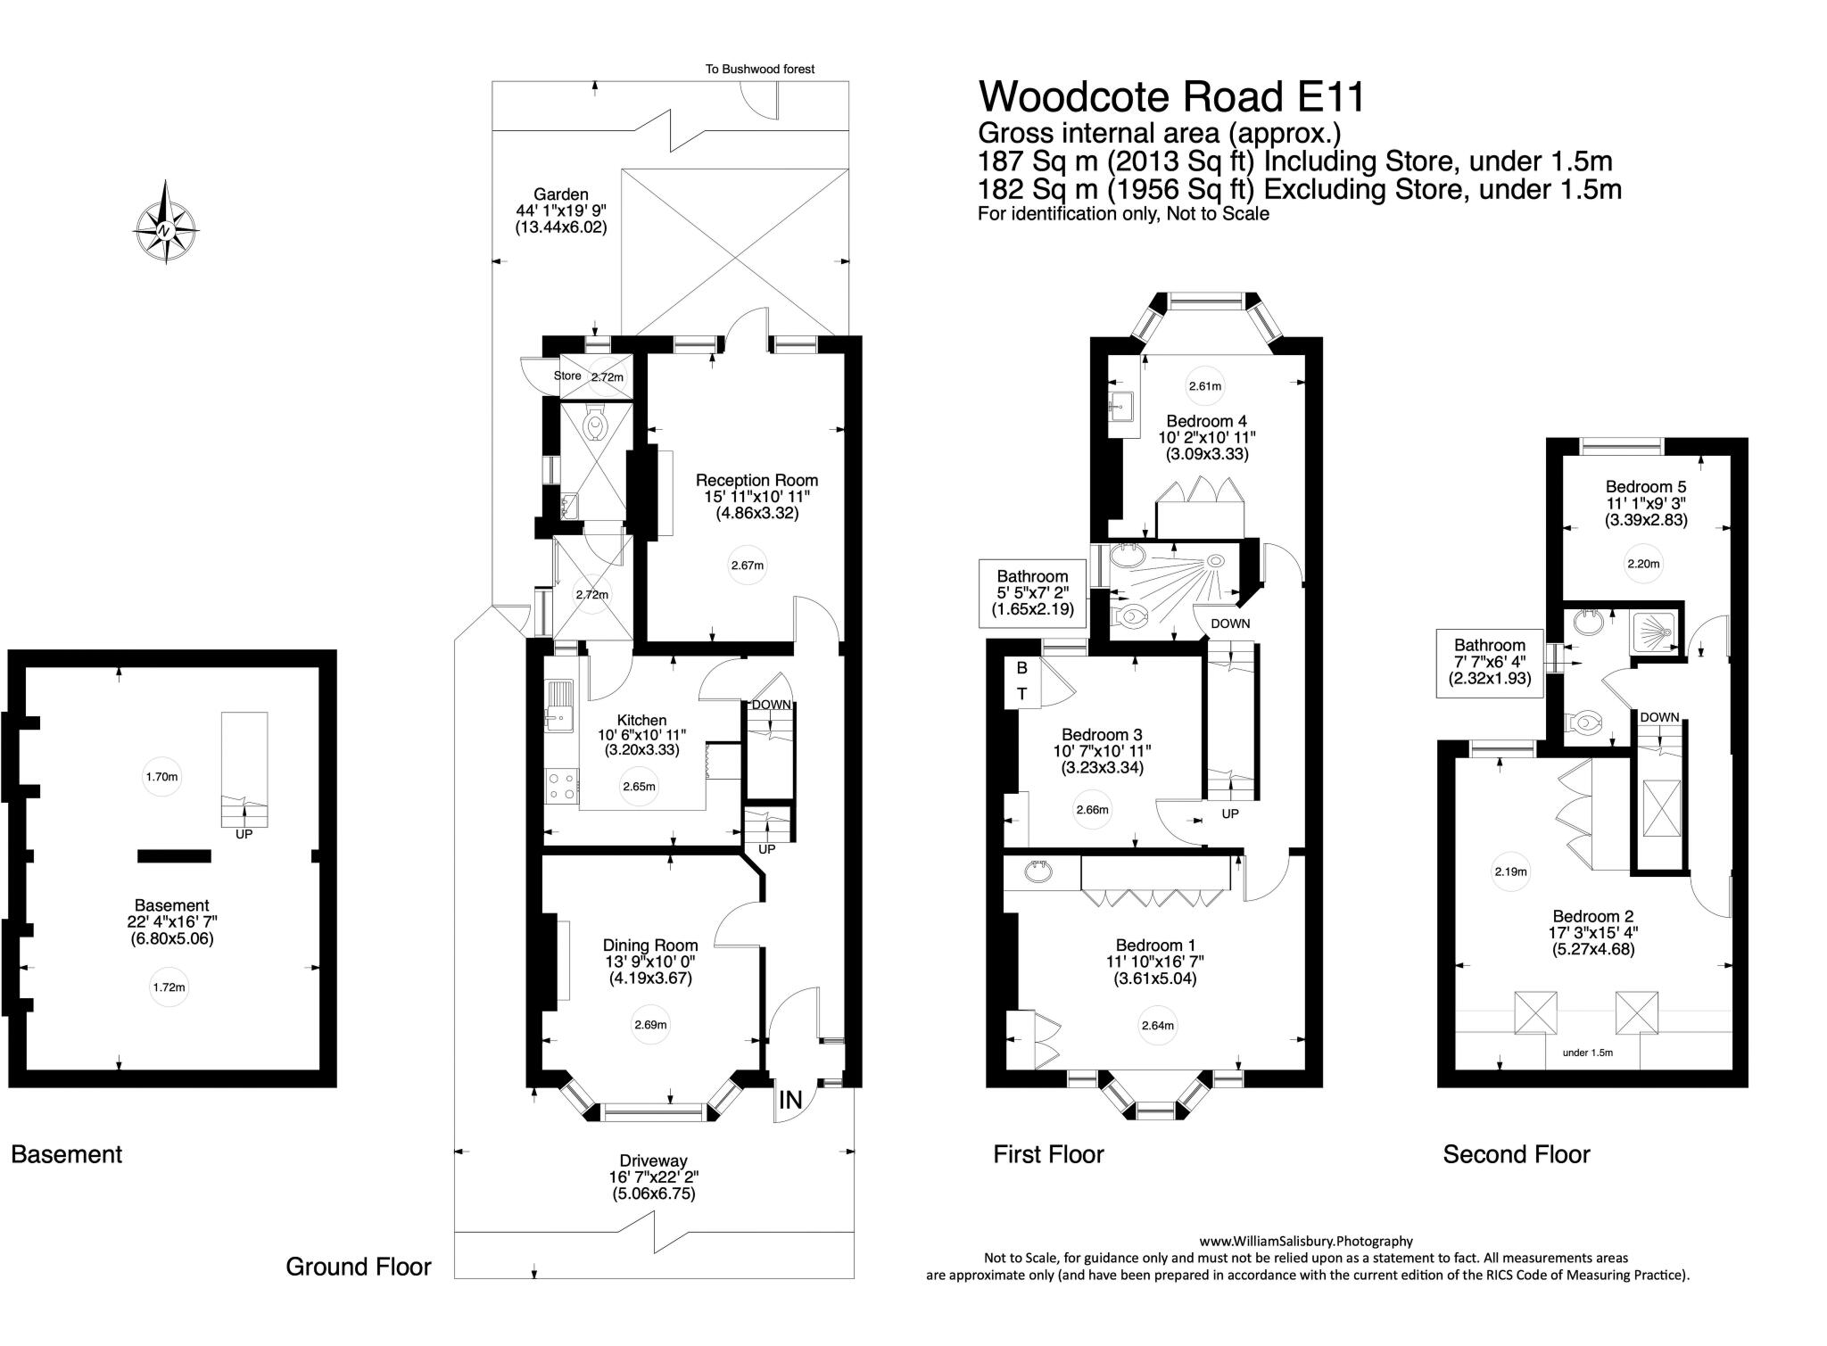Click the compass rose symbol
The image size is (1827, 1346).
[x=166, y=223]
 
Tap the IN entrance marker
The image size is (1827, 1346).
[x=790, y=1100]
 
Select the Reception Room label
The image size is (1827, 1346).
[x=756, y=480]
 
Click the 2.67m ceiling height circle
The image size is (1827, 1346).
[x=747, y=566]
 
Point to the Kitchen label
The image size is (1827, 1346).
[x=641, y=720]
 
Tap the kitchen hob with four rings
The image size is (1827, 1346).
[x=561, y=786]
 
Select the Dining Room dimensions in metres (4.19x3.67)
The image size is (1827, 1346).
[x=649, y=978]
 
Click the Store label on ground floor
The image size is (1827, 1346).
[x=567, y=376]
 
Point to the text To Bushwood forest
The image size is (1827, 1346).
[x=759, y=69]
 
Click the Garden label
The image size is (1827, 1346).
[x=560, y=194]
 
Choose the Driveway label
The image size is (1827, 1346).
[x=654, y=1160]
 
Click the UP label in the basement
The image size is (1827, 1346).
[x=244, y=834]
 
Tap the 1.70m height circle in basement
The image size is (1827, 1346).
[x=161, y=777]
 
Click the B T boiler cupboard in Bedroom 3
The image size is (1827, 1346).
[x=1022, y=681]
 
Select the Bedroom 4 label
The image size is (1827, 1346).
[x=1206, y=421]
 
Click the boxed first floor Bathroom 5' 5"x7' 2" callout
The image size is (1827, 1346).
[x=1032, y=593]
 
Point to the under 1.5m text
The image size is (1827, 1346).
[x=1588, y=1053]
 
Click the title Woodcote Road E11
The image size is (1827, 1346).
[x=1171, y=96]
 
